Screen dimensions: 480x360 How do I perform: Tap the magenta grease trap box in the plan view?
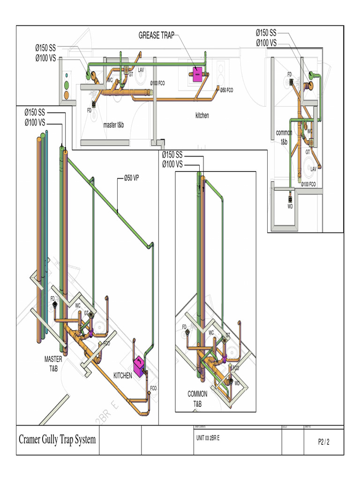point(198,74)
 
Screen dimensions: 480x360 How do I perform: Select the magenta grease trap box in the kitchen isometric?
point(139,366)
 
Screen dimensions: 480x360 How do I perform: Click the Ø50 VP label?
point(131,178)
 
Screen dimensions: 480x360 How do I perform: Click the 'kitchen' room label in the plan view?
point(202,115)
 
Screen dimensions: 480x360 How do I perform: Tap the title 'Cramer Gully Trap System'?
point(57,440)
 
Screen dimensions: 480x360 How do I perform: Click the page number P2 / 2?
point(323,442)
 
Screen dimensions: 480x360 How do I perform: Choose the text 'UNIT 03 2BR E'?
point(207,438)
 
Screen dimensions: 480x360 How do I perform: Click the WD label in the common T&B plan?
point(290,206)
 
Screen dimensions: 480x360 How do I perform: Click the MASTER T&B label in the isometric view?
point(53,363)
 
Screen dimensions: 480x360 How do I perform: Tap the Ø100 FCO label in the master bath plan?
point(157,83)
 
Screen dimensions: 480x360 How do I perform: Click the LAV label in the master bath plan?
point(141,70)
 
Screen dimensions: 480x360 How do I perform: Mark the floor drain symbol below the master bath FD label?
point(94,104)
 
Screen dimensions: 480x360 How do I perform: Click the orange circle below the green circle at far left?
point(67,95)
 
